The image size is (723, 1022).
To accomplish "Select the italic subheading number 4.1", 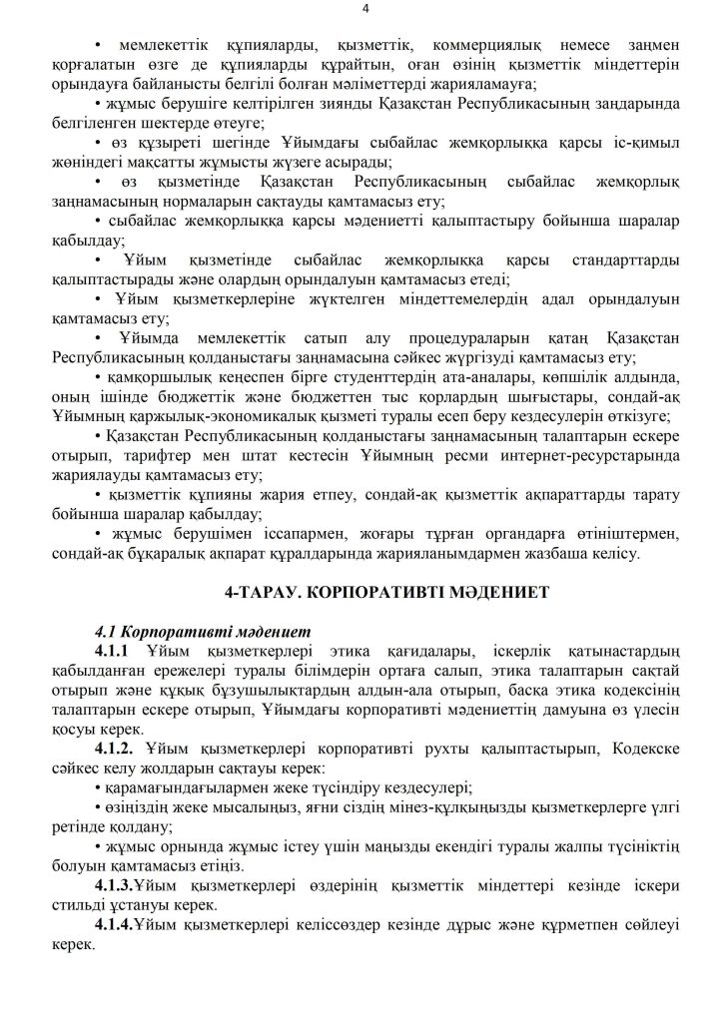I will [107, 632].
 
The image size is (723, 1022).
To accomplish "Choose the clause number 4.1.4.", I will [118, 925].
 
